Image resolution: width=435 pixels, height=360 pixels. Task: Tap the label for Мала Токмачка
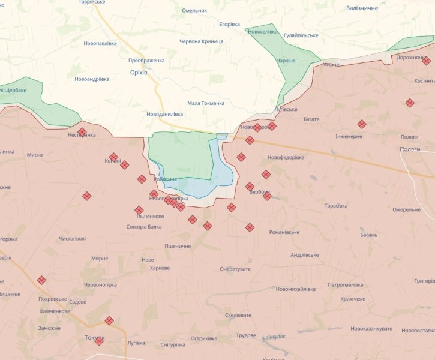[x=206, y=103]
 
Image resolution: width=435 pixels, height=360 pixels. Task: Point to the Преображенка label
[x=146, y=61]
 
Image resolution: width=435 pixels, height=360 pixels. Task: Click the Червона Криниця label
[x=202, y=41]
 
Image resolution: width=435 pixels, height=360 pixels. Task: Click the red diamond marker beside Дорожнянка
[x=426, y=61]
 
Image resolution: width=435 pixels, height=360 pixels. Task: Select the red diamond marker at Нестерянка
[x=82, y=132]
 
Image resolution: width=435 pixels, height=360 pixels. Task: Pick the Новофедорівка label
[x=286, y=157]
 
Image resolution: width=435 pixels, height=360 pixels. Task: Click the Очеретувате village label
[x=235, y=269]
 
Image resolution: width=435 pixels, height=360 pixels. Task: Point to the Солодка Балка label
[x=144, y=227]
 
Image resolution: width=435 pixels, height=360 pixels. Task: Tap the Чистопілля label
[x=72, y=239]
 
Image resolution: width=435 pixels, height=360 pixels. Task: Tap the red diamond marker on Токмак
[x=99, y=341]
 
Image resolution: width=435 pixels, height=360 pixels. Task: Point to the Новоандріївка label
[x=92, y=79]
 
